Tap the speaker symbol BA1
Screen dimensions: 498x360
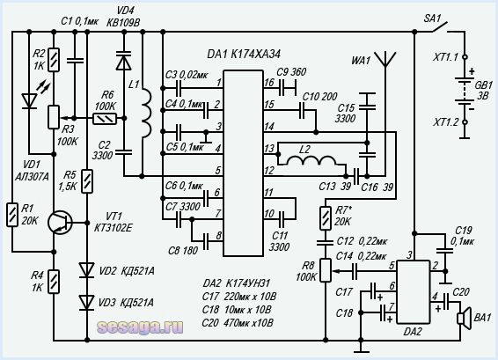(x=464, y=319)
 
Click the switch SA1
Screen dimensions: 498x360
(x=439, y=27)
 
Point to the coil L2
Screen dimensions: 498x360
(x=311, y=161)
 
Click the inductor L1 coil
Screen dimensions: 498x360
(x=146, y=113)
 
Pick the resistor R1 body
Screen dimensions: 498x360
(x=12, y=215)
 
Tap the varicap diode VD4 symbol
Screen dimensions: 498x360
(x=123, y=61)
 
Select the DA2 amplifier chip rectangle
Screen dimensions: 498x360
(x=414, y=292)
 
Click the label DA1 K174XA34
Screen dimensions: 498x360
(x=244, y=55)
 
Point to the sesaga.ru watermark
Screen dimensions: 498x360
(x=141, y=327)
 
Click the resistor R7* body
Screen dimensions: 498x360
(x=326, y=218)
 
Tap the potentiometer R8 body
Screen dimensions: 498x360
(x=326, y=270)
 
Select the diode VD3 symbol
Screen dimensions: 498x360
(x=87, y=303)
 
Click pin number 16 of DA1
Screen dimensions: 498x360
(x=269, y=83)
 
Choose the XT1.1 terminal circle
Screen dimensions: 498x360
(x=465, y=57)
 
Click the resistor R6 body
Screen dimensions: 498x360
(x=105, y=119)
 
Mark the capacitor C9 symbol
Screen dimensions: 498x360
(x=287, y=88)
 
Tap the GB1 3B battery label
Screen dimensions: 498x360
(x=483, y=91)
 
